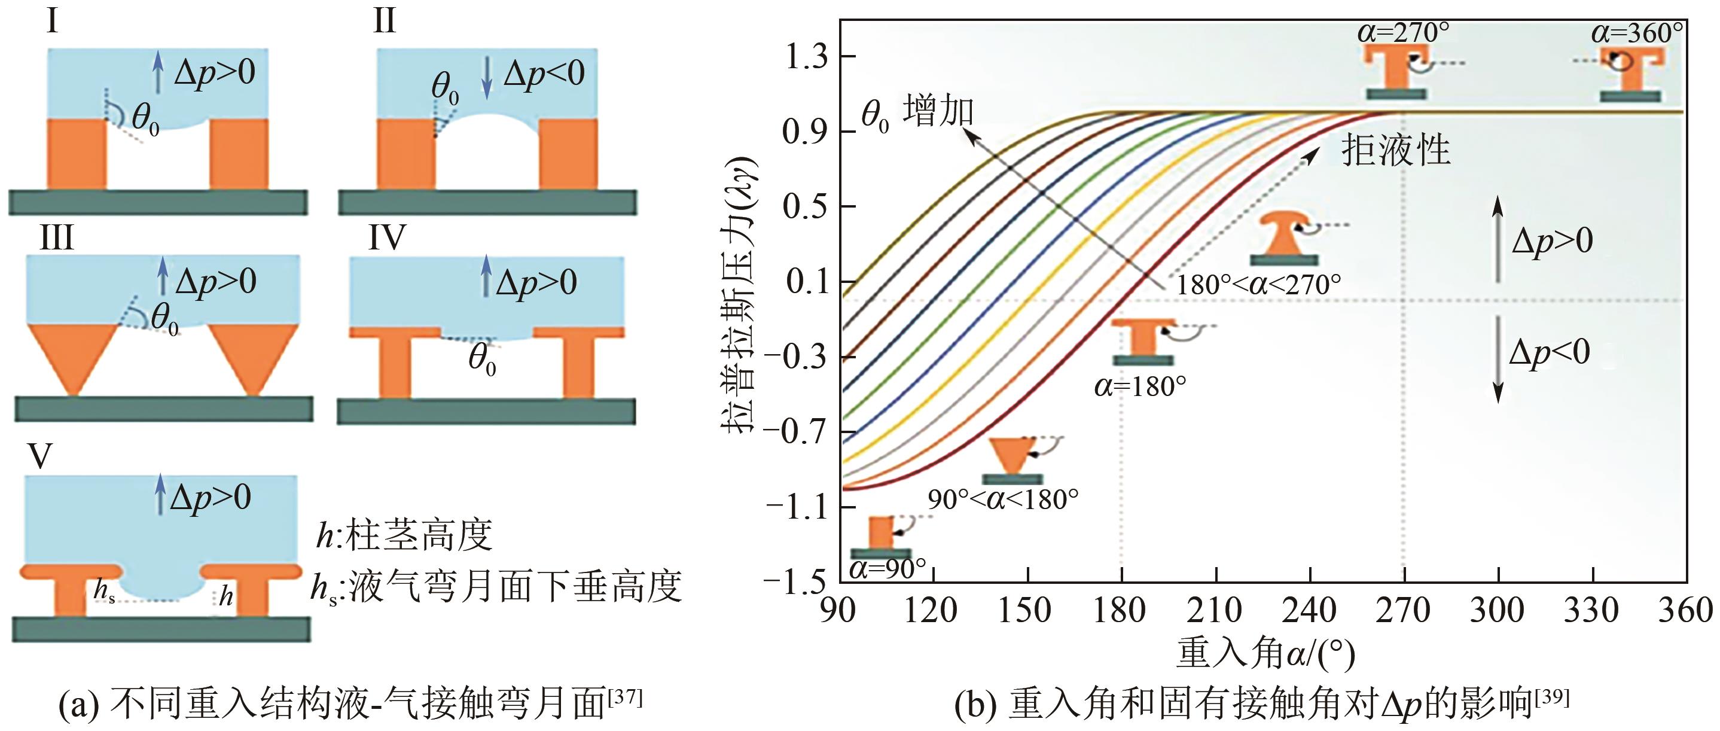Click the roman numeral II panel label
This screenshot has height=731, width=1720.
(x=384, y=22)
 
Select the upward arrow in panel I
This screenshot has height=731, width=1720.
(x=157, y=73)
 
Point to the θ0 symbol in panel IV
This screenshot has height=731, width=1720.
(x=482, y=359)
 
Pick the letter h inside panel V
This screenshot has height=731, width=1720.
(x=226, y=595)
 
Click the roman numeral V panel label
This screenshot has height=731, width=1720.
(x=39, y=456)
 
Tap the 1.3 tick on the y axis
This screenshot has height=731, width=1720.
(x=805, y=57)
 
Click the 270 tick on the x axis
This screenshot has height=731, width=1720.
(x=1403, y=610)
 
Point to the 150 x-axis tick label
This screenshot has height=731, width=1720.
(x=1024, y=610)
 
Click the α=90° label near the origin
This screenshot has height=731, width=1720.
(x=888, y=569)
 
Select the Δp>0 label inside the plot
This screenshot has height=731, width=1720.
(x=1552, y=241)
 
